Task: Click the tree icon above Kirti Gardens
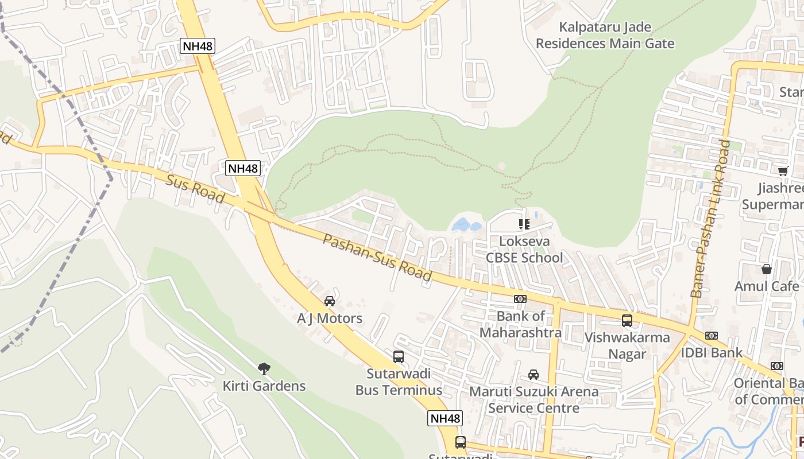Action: pos(264,368)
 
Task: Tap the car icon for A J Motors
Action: pos(330,301)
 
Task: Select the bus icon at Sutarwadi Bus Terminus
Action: pos(399,357)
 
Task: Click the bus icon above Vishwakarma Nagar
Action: pos(627,321)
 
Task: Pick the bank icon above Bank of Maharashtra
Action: pos(520,299)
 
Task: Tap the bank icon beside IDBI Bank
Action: pos(712,335)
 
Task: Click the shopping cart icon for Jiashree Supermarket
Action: pos(783,171)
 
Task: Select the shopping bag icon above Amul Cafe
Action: pos(767,269)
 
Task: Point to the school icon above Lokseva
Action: pos(524,224)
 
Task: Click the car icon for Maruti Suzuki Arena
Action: pos(534,375)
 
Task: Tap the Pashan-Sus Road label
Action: pos(377,258)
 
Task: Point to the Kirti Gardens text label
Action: pos(264,386)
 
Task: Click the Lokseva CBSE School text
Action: pos(525,250)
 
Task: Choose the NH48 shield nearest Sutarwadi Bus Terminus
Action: pos(445,418)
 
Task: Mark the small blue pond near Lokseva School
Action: pos(466,224)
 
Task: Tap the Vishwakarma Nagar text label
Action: pos(627,345)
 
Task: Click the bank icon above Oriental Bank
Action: pos(777,366)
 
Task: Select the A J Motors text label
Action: pos(330,318)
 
